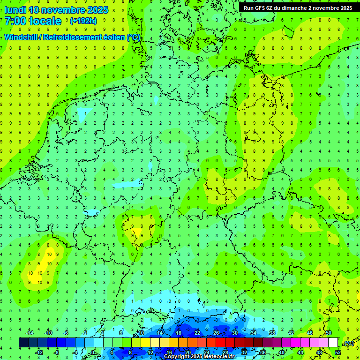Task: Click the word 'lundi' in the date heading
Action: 15,10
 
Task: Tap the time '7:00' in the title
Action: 15,21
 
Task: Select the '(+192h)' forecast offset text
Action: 83,21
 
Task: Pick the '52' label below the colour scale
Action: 338,352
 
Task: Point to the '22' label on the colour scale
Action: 197,333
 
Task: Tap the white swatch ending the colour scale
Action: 333,343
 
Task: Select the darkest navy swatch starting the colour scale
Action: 23,343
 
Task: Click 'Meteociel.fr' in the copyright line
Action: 220,357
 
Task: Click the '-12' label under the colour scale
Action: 39,352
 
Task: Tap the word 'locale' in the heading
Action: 45,21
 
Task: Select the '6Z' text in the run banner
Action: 273,8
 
